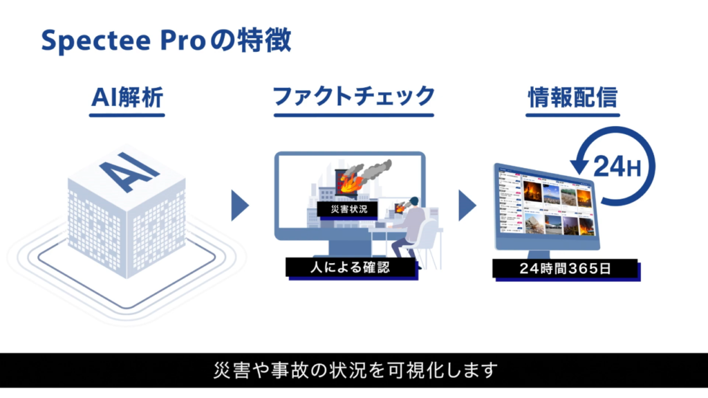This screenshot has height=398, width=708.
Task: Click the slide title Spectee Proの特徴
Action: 166,41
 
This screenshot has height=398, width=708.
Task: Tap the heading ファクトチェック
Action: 353,97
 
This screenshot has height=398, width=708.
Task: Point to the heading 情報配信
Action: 572,97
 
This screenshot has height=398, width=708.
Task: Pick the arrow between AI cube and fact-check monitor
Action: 239,205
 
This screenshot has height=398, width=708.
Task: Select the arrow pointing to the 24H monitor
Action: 467,205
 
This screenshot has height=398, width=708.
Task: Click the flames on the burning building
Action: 348,183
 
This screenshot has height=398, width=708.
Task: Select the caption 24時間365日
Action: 556,269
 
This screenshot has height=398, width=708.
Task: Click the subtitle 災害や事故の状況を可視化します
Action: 353,370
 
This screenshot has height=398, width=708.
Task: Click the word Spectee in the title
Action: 86,41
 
